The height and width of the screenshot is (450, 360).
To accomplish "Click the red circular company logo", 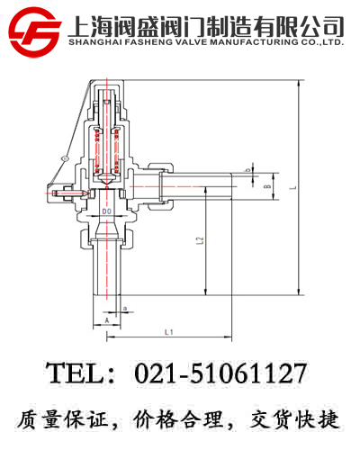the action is pyautogui.click(x=35, y=32).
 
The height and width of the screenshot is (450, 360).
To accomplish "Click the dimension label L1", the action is pyautogui.click(x=169, y=332).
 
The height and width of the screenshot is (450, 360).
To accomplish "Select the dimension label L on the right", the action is pyautogui.click(x=294, y=187).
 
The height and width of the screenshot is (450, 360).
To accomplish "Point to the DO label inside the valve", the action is pyautogui.click(x=106, y=211).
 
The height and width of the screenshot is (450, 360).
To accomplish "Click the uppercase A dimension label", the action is pyautogui.click(x=107, y=320).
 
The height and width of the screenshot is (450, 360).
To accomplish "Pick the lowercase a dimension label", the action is pyautogui.click(x=125, y=308).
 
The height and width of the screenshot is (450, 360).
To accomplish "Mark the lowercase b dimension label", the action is pyautogui.click(x=248, y=170).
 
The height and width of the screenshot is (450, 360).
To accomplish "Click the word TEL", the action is pyautogui.click(x=76, y=373).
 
